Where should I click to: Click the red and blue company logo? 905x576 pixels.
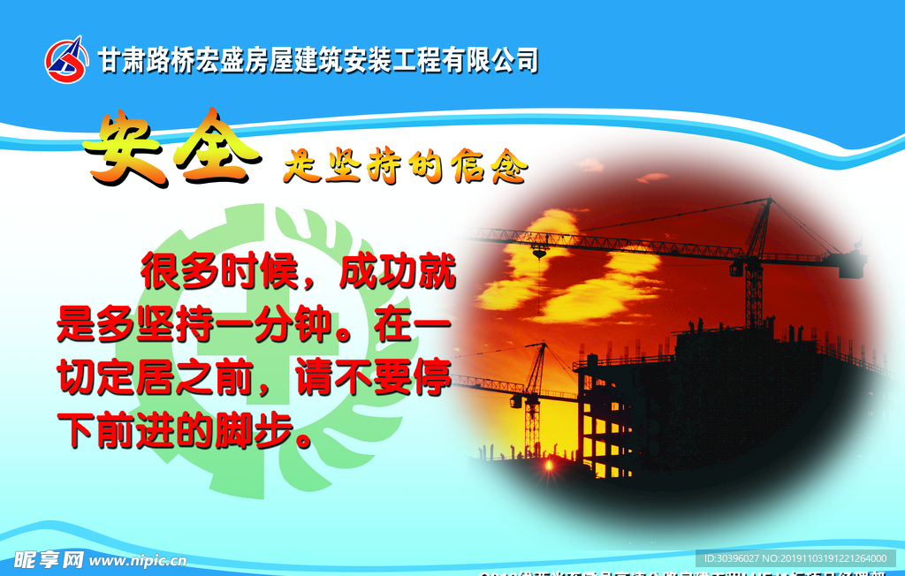[x=67, y=59]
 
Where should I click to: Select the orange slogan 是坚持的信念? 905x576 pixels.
[x=405, y=165]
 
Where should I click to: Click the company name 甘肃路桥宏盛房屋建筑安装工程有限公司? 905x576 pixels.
[x=318, y=60]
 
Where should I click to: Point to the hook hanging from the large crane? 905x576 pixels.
[x=538, y=254]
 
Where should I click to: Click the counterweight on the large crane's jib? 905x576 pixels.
[x=852, y=263]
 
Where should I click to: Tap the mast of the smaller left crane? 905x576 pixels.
[x=532, y=415]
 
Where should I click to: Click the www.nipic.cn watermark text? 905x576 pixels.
[x=138, y=560]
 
